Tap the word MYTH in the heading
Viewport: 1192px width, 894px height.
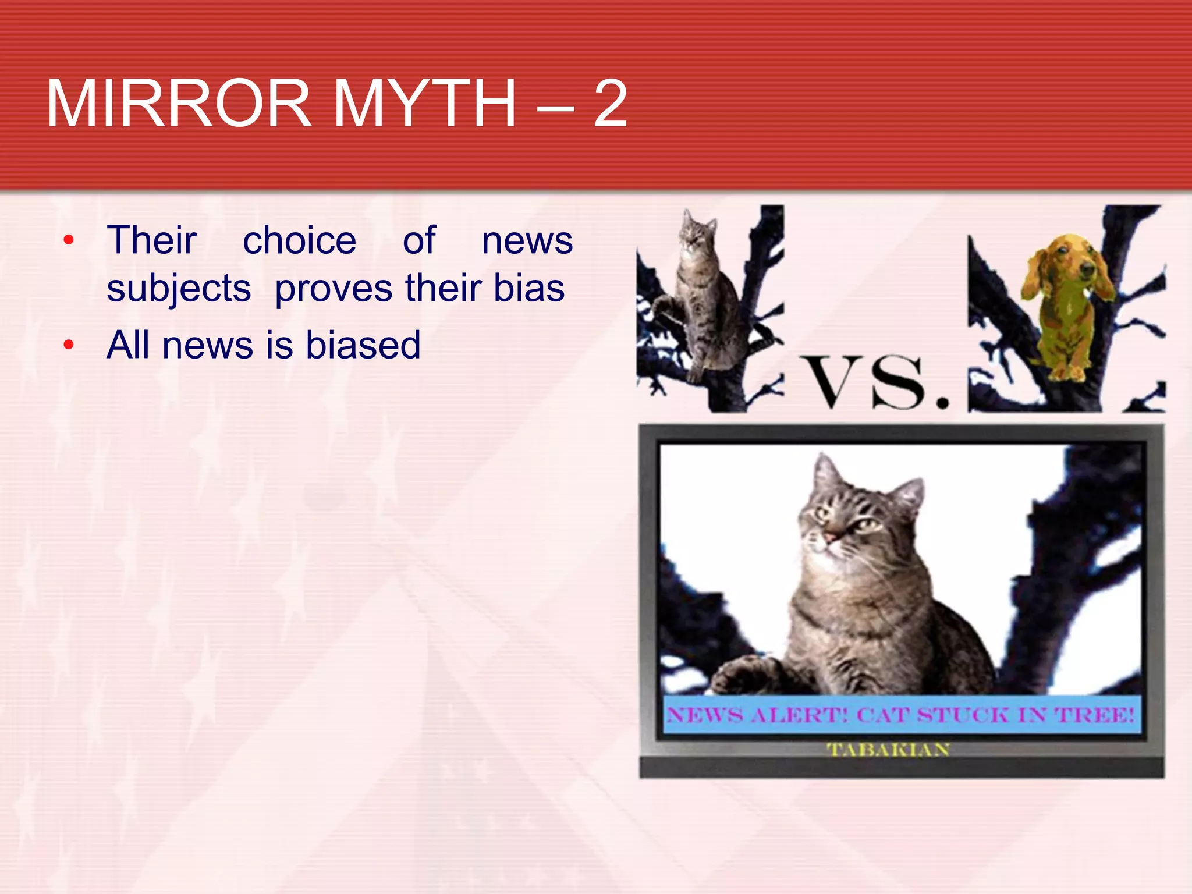424,104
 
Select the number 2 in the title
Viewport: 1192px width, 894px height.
610,104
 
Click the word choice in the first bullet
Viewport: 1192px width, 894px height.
299,240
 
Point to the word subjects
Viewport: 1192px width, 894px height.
179,289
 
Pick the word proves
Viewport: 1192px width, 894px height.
334,289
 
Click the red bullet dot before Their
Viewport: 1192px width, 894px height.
69,240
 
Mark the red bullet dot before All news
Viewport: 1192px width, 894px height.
69,345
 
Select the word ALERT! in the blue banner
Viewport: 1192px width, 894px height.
799,715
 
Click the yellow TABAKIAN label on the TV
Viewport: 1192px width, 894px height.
888,749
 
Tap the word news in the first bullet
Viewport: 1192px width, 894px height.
527,240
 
